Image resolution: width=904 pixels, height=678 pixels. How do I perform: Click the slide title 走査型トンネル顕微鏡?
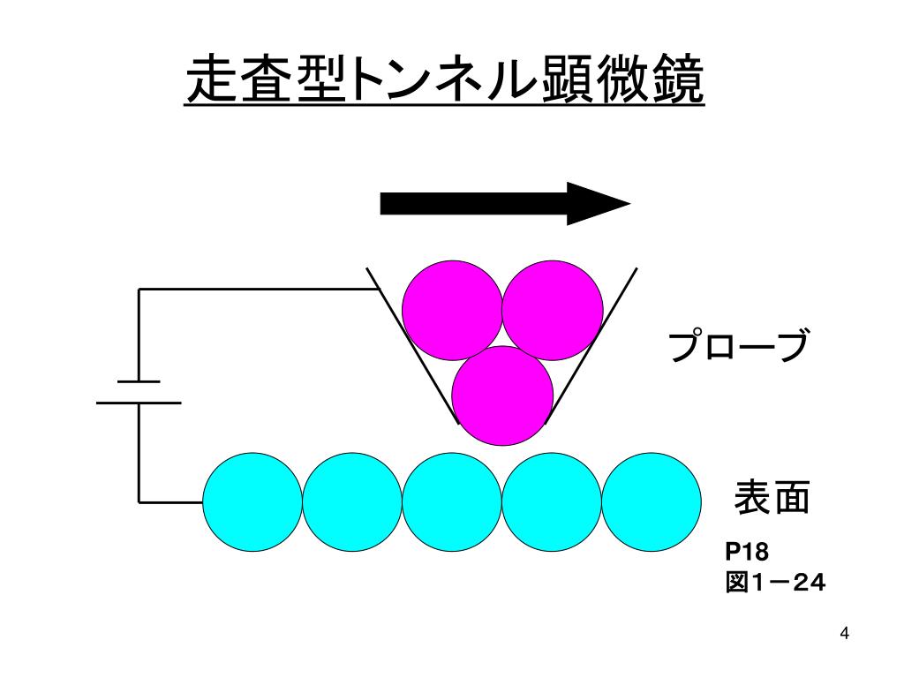pos(445,81)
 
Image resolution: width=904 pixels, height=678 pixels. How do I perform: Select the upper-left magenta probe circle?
pos(451,310)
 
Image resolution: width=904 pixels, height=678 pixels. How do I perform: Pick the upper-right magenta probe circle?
pos(553,310)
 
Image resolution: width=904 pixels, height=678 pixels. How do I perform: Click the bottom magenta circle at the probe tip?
pos(502,395)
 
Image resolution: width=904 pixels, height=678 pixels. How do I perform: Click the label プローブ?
pos(737,347)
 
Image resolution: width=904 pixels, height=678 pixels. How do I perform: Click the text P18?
pos(748,552)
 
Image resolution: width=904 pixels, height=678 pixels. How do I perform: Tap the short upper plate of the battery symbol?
pos(139,381)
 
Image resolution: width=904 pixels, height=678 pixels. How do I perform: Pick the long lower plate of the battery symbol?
pos(139,403)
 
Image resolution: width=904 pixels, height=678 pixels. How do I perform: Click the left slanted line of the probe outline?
pos(411,344)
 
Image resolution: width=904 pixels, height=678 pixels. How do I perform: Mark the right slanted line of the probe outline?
pos(593,344)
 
